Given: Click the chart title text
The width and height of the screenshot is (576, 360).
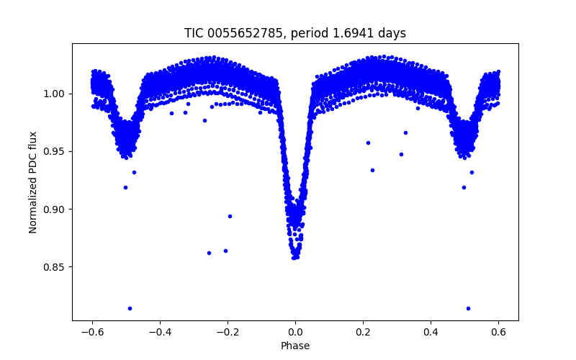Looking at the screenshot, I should tap(295, 33).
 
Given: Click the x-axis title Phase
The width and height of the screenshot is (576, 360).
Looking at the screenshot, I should tap(295, 346).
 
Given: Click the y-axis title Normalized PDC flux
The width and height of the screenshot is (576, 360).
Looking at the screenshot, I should tap(33, 181).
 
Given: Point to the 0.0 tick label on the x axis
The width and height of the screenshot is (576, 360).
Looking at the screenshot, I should tap(295, 332).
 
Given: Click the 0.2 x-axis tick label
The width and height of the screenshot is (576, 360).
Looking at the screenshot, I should tap(363, 332).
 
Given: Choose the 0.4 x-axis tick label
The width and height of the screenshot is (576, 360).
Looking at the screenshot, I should tap(431, 332).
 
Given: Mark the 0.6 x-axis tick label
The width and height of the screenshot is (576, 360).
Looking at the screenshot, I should tap(498, 332).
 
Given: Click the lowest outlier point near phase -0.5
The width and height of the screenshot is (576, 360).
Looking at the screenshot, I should tap(130, 308).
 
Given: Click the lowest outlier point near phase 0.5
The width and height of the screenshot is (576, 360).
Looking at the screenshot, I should tap(468, 308).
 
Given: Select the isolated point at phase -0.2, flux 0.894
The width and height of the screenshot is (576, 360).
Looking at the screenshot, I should tap(230, 216).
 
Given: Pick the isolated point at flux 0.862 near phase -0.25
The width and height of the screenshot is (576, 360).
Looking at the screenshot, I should tap(209, 253).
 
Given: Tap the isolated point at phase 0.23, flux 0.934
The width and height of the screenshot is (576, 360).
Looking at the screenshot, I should tap(372, 170).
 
